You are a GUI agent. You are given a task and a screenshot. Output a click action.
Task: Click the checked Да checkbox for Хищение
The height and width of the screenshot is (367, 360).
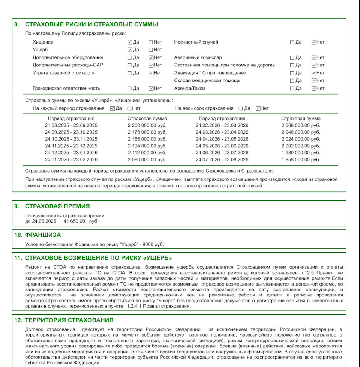tap(130, 42)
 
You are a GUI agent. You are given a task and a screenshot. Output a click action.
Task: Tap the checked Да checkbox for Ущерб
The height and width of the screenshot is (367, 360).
tap(130, 50)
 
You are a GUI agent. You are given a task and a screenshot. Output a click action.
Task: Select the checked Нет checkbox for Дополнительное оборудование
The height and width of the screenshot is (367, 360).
tap(151, 57)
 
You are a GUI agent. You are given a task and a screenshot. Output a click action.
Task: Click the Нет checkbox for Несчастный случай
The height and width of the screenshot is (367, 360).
tap(313, 42)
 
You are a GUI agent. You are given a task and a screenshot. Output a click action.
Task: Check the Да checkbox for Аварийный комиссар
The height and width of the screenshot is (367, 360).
tap(292, 57)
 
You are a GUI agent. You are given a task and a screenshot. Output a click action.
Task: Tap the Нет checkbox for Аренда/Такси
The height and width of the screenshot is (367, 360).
tap(313, 88)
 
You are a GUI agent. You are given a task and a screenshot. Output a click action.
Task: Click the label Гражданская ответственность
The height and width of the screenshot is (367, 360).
tap(66, 88)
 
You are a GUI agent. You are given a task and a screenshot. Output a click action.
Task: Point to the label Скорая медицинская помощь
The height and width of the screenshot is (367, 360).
tap(207, 80)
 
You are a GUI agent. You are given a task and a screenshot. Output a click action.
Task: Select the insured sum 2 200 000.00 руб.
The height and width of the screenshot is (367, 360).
tap(147, 125)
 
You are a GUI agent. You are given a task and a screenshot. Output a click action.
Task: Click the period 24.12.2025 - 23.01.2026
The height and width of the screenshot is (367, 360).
tap(71, 153)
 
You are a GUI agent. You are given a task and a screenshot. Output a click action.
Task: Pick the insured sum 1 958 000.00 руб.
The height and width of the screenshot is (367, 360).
tap(301, 159)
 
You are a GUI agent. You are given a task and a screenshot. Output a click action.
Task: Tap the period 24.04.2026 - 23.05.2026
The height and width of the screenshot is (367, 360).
tap(222, 139)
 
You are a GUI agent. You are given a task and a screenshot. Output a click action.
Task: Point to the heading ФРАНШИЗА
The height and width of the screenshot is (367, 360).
tap(43, 235)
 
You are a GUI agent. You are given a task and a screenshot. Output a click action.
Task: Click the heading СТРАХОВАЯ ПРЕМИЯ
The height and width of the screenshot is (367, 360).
tap(57, 206)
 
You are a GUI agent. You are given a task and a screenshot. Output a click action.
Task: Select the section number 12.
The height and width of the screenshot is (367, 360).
tap(18, 320)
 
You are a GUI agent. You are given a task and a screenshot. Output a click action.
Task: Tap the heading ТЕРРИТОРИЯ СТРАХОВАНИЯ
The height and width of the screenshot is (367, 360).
tap(69, 320)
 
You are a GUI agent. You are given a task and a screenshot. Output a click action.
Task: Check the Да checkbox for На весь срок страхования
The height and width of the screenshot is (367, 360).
tap(241, 108)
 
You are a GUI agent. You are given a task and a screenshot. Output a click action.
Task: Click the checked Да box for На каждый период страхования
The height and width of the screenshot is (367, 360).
tap(112, 108)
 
